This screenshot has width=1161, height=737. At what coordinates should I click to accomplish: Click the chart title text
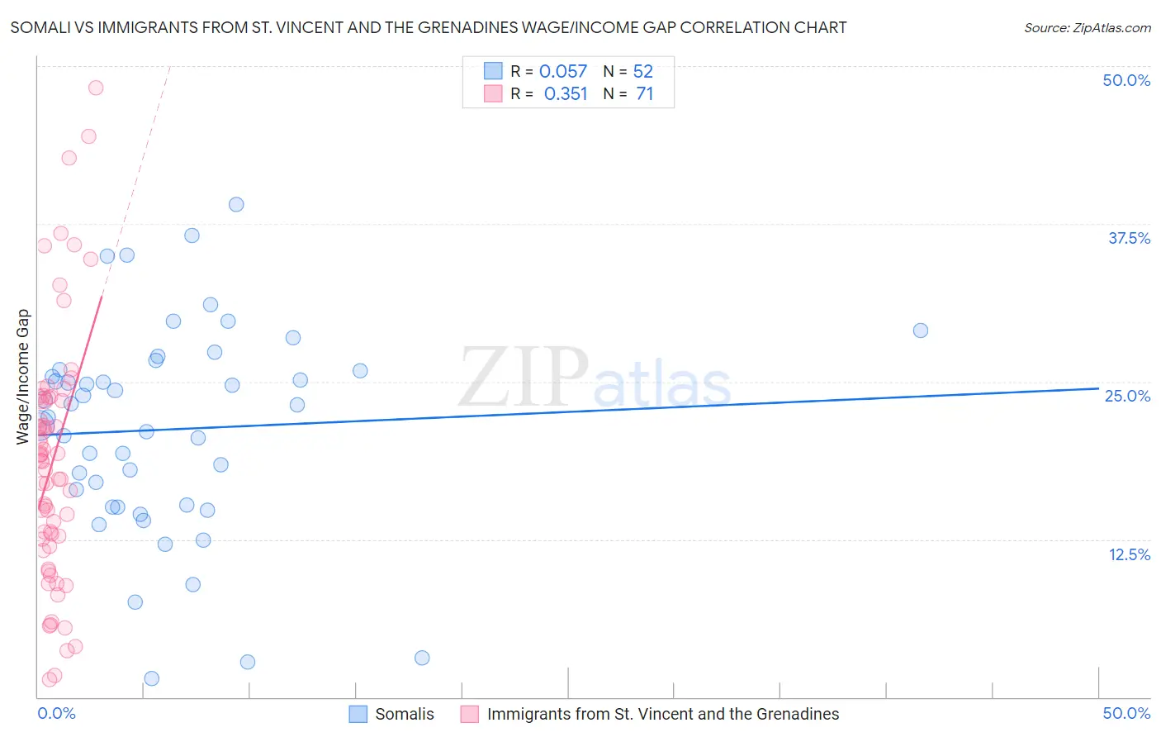429,28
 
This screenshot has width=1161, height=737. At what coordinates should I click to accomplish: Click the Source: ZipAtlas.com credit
1087,28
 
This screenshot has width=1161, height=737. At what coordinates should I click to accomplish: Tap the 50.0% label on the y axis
1126,80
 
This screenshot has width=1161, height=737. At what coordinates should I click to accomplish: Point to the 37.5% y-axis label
1129,238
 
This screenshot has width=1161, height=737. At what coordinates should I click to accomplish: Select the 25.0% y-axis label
1127,396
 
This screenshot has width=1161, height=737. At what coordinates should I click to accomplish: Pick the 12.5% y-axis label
1129,554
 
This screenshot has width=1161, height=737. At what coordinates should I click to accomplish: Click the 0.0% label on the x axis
56,713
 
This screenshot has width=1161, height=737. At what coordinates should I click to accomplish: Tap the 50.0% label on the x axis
1126,713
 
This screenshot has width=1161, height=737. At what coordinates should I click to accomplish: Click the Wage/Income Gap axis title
23,377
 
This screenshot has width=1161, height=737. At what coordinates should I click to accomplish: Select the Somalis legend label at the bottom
404,714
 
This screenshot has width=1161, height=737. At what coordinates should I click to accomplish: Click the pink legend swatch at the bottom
470,714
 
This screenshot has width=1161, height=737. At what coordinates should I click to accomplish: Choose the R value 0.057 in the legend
563,72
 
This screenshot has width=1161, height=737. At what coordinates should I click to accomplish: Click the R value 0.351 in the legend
566,94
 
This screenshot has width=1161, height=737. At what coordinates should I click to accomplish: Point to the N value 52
643,72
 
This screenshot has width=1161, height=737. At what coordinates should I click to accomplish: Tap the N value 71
645,94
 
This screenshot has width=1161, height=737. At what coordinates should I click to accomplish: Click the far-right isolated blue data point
921,330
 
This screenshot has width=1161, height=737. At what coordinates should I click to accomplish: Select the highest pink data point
96,88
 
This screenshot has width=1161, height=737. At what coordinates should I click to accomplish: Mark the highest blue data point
236,204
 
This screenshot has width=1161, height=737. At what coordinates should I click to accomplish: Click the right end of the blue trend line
1098,388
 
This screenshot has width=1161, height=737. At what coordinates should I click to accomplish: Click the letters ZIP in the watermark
524,377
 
